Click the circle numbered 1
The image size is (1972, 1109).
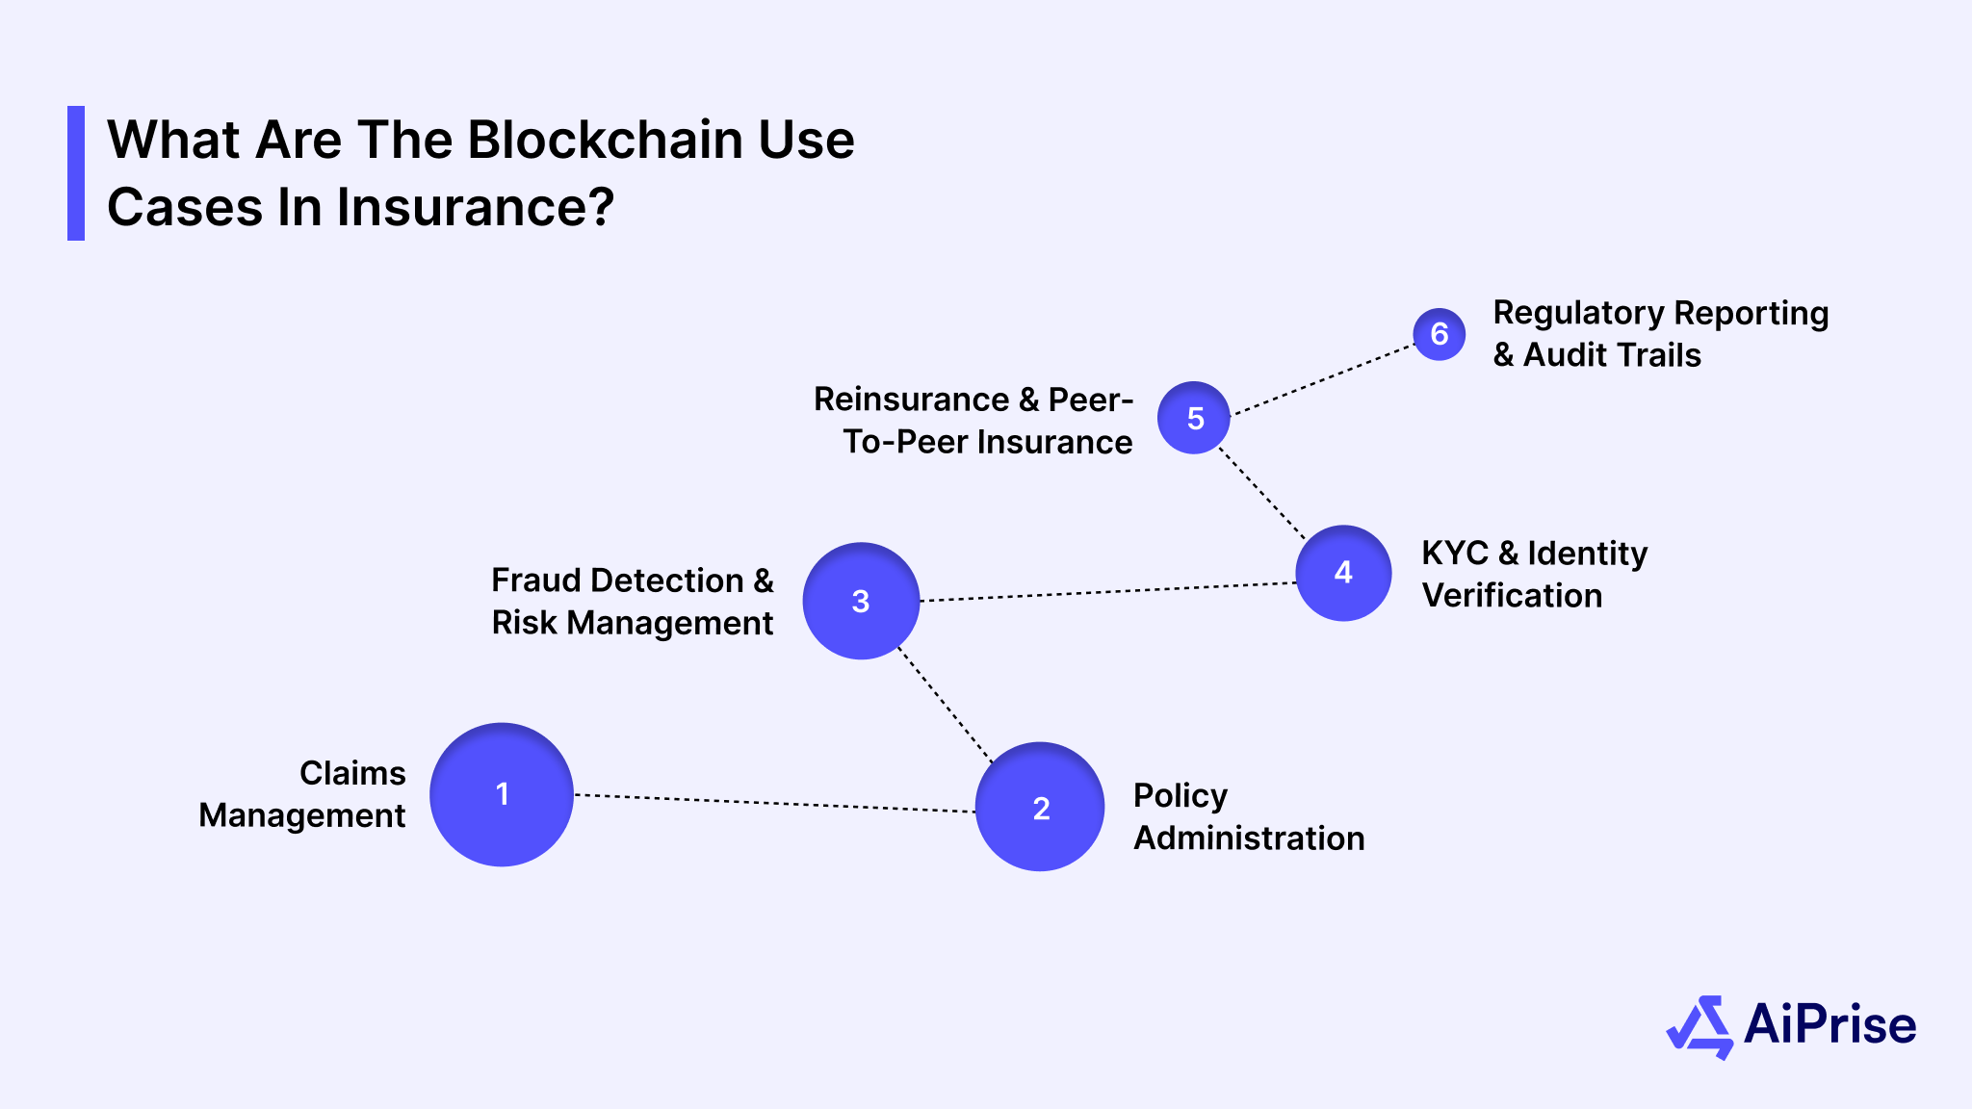coord(502,794)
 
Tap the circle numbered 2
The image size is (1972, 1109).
coord(1040,807)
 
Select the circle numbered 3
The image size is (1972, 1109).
coord(861,601)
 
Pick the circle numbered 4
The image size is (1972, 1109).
coord(1343,573)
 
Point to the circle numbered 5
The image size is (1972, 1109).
coord(1194,418)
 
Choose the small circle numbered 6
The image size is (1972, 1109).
coord(1440,334)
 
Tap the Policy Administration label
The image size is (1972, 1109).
coord(1248,816)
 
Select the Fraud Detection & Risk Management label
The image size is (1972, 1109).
coord(632,602)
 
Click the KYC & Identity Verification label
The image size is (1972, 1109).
coord(1533,574)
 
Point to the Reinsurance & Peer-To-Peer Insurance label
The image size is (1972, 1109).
coord(974,421)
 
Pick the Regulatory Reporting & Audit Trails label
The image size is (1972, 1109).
coord(1659,333)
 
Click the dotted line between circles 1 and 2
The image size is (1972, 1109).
coord(775,803)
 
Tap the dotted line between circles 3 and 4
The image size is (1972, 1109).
coord(1107,592)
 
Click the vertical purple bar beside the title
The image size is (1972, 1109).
coord(76,173)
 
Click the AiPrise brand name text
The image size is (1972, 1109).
coord(1829,1024)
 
